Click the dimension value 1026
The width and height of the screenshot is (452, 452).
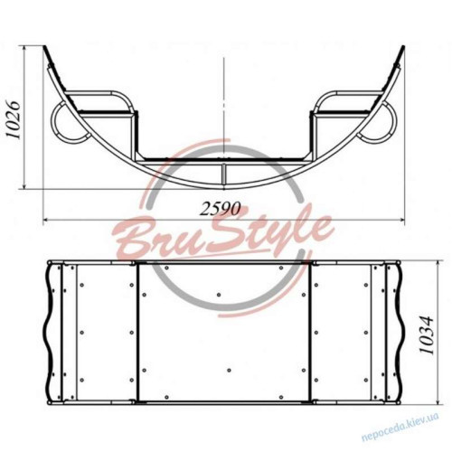click(14, 119)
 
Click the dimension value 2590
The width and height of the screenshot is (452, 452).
click(221, 209)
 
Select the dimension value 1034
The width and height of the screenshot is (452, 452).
click(426, 334)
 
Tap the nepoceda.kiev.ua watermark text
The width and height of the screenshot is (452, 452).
click(400, 428)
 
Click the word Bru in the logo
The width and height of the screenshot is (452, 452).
click(147, 238)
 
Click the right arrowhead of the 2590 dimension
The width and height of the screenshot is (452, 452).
click(400, 220)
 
